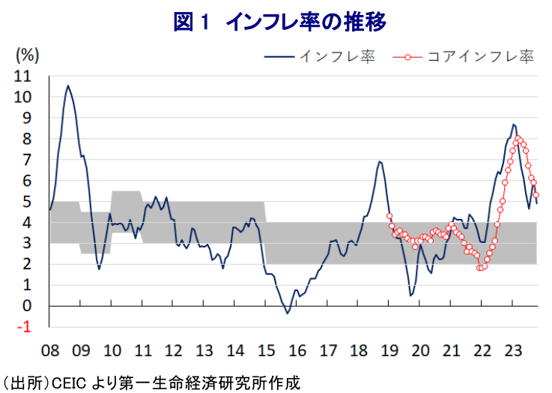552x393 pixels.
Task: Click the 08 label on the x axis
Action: tap(50, 349)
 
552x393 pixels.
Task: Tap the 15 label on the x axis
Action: tap(266, 349)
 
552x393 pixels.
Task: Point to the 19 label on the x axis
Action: tap(389, 349)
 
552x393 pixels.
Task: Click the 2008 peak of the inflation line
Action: tap(68, 85)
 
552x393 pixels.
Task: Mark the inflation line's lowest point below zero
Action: tap(288, 313)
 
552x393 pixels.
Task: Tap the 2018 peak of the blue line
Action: tap(380, 161)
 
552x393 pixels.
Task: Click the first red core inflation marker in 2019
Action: tap(389, 216)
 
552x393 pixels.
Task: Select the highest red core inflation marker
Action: tap(519, 138)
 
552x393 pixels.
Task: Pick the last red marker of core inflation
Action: tap(536, 195)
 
